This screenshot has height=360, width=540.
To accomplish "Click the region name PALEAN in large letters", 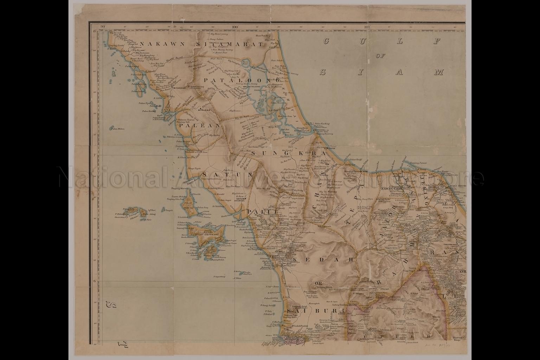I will coord(199,125).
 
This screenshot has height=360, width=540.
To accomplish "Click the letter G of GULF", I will coord(326,41).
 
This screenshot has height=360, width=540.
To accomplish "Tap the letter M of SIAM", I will coord(438,72).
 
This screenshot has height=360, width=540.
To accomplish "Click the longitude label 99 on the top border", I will coord(102,26).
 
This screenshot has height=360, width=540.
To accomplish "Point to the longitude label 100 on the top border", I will coord(235,26).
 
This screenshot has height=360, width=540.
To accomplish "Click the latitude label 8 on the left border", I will coord(94,31).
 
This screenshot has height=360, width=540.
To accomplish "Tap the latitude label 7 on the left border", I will coord(94,155).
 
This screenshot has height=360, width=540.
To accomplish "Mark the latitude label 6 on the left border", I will coord(94,281).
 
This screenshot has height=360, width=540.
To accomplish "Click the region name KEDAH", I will coord(322,260).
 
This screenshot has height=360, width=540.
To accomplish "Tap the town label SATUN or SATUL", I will coord(241,200).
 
